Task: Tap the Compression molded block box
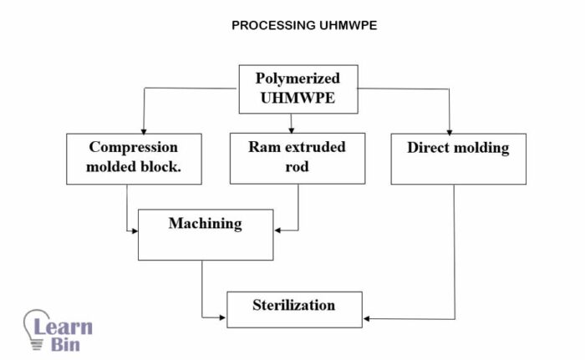(134, 158)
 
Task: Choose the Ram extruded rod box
(297, 158)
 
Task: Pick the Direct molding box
(458, 158)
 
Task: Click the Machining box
(205, 234)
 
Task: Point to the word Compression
(134, 147)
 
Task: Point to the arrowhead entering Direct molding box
(450, 130)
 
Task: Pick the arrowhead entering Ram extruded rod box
(291, 130)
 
